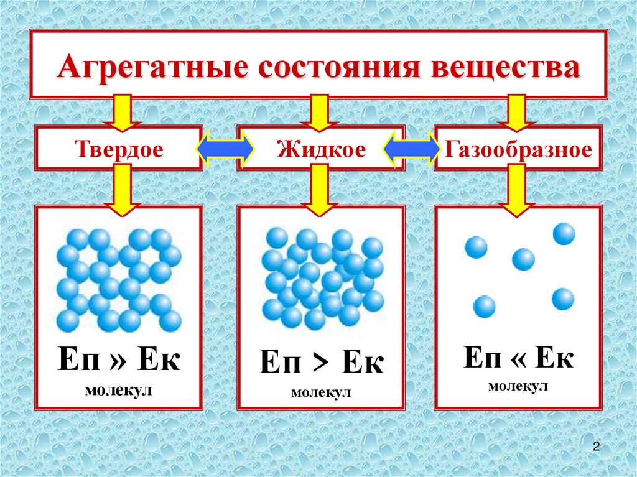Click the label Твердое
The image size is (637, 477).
point(119,149)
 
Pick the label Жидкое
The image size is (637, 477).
point(322,149)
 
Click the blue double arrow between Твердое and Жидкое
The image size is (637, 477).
point(225,149)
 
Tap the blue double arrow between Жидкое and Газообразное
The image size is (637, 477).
point(412,149)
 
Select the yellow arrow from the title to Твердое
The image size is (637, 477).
point(122,113)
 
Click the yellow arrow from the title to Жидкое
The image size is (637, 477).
point(319,113)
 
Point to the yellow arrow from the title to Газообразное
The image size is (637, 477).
point(516,113)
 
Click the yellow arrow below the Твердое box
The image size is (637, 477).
point(122,190)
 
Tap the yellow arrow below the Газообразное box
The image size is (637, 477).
point(516,190)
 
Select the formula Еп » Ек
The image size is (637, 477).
point(119,359)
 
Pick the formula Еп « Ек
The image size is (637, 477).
point(518,357)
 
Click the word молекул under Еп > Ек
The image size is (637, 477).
point(321,392)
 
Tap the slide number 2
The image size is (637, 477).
point(597,447)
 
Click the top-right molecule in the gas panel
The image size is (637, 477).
point(564,234)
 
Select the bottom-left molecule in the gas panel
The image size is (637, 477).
point(484,307)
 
